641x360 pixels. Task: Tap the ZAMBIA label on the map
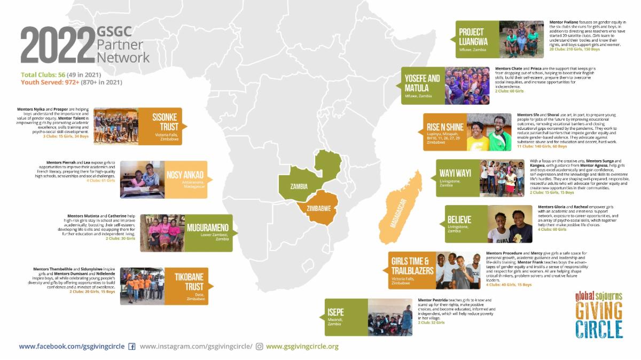coord(300,187)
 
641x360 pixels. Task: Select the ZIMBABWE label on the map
coord(319,208)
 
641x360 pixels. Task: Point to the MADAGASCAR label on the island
coord(398,213)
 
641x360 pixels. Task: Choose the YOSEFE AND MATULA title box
coord(423,83)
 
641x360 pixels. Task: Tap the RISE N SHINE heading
coord(445,127)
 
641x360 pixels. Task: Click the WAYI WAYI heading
coord(455,173)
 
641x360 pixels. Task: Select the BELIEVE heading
coord(459,220)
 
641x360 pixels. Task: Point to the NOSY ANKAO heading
coord(185,175)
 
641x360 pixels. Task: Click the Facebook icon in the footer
coord(132,347)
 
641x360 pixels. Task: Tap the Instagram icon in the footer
coord(260,347)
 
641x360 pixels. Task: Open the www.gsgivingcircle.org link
coord(302,347)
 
